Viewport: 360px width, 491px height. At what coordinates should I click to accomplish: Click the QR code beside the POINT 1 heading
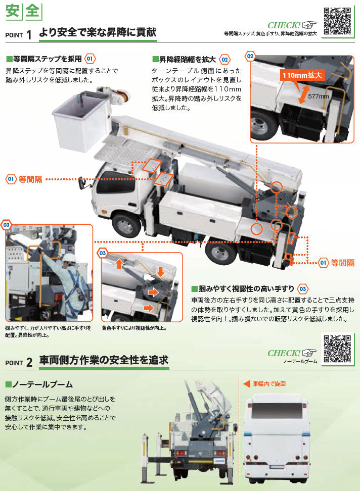[338, 20]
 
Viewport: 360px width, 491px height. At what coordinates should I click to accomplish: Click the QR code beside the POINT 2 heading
[338, 349]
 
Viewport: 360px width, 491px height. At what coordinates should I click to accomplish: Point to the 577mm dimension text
[319, 96]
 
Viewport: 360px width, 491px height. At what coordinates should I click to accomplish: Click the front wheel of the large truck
[126, 225]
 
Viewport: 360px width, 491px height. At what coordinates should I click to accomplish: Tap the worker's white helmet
[69, 257]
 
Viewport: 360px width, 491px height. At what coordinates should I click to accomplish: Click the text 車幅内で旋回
[269, 384]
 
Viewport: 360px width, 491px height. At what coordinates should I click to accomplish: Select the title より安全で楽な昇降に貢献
[98, 33]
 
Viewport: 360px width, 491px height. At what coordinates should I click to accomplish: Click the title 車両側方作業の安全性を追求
[104, 360]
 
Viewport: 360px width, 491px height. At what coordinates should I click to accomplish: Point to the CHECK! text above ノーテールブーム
[284, 353]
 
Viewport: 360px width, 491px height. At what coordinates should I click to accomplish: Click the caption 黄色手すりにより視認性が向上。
[134, 328]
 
